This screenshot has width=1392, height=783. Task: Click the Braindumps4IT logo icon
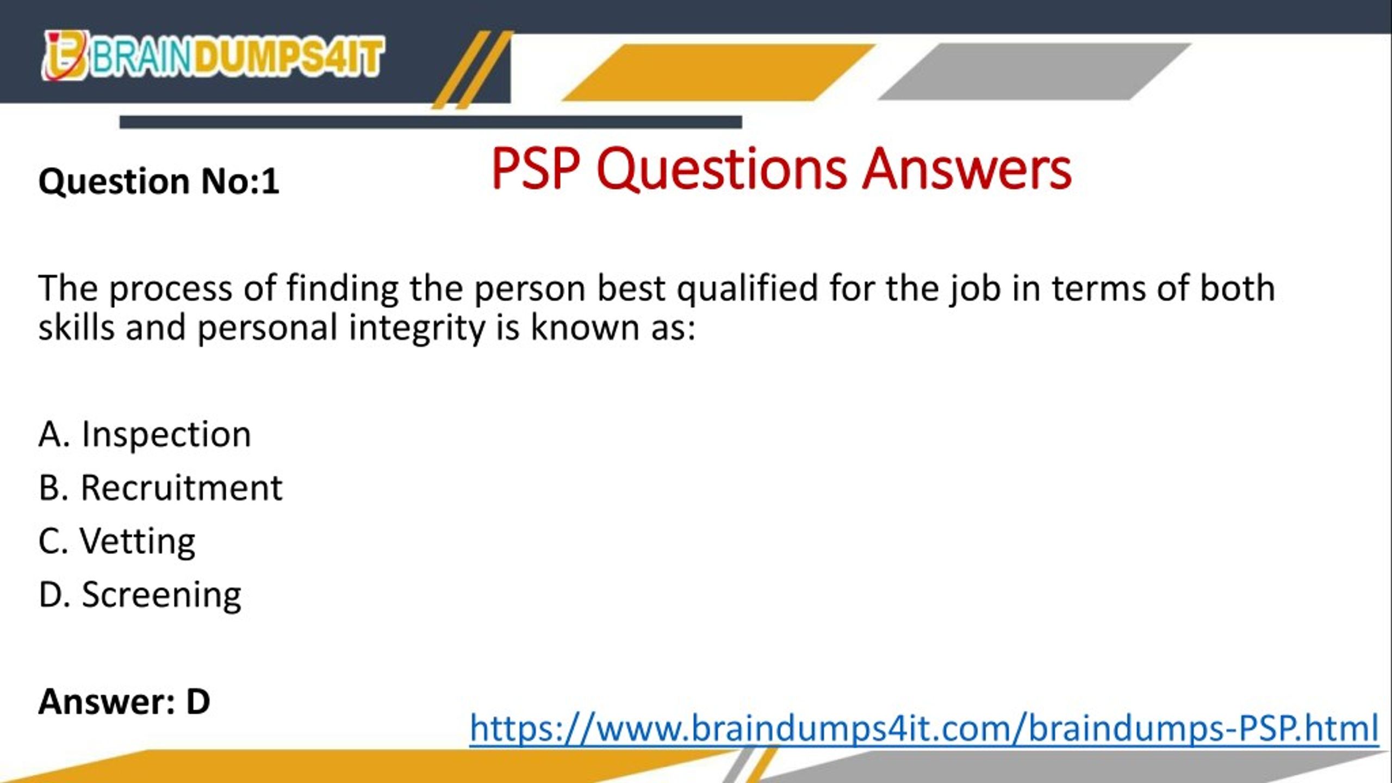pos(65,57)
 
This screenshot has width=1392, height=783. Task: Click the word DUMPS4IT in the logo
pos(289,57)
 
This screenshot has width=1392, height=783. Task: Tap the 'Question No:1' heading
pos(159,181)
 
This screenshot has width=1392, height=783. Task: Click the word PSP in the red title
pos(536,169)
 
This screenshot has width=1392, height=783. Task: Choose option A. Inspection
pos(145,434)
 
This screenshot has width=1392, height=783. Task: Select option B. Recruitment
pos(160,488)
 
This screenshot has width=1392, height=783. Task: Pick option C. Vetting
pos(117,541)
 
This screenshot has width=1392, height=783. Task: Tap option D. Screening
pos(140,594)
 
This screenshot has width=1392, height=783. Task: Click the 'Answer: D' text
pos(124,701)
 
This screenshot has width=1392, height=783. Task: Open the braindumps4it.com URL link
pos(924,728)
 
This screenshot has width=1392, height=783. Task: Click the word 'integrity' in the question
pos(417,328)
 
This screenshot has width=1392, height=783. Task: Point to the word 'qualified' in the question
pos(747,288)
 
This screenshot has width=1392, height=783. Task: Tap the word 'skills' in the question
pos(76,328)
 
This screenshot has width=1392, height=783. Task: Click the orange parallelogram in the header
pos(718,72)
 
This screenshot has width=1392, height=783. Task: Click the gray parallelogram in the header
pos(1033,72)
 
